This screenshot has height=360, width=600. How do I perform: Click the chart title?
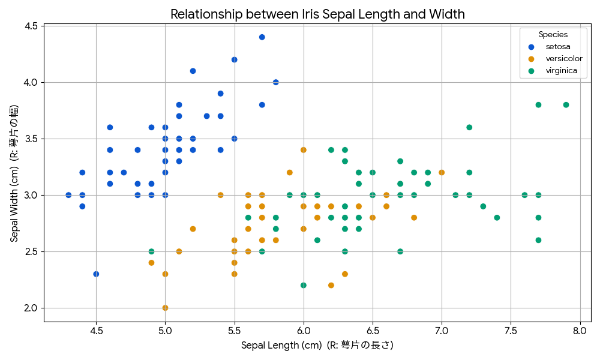(317, 14)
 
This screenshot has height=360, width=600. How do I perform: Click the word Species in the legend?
(553, 35)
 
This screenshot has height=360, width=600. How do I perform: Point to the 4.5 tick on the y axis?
(32, 26)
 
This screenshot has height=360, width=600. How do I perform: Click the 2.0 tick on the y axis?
(32, 308)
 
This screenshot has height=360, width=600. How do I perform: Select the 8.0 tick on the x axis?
(580, 330)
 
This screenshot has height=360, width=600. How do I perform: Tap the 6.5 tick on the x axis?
(373, 330)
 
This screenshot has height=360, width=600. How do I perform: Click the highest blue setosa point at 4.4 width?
(262, 37)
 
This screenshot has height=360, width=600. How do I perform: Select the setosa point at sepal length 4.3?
(68, 195)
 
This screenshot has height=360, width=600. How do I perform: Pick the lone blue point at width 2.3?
(96, 274)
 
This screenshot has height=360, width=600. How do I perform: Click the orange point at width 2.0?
(165, 308)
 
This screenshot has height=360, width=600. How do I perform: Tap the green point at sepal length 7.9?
(566, 105)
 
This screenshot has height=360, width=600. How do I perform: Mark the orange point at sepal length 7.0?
(442, 172)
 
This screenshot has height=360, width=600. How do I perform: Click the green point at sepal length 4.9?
(151, 251)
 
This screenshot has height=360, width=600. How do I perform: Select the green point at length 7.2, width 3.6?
(469, 127)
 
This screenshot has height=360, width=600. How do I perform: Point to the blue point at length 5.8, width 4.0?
(276, 82)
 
